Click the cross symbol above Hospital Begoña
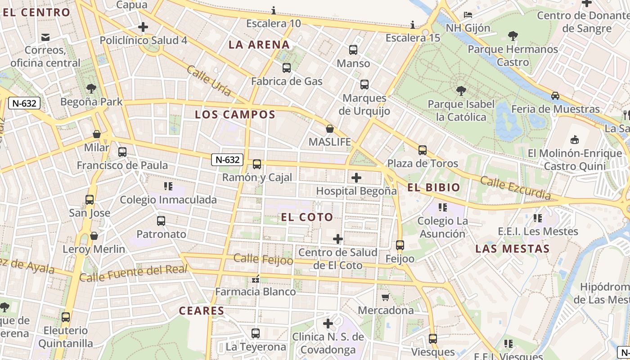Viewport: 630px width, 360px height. click(356, 177)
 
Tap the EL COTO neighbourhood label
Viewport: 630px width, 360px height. click(307, 217)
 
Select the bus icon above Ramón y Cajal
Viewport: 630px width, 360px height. click(257, 164)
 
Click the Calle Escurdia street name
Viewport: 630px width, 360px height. click(515, 188)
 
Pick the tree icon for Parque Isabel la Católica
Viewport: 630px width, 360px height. click(461, 91)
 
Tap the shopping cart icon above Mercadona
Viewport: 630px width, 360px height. click(386, 297)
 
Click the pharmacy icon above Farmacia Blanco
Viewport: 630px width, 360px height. click(256, 279)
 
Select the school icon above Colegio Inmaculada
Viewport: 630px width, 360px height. click(168, 186)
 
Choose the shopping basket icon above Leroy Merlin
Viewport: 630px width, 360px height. click(94, 236)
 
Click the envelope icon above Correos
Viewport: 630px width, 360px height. click(45, 37)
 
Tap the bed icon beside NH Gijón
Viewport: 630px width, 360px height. click(468, 15)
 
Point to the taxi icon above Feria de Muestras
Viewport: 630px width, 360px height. click(555, 95)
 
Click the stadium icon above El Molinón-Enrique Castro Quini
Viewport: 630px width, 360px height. click(575, 139)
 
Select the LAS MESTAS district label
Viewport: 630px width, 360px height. click(513, 248)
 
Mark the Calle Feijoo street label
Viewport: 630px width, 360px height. click(263, 259)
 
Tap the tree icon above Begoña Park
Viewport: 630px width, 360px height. click(91, 88)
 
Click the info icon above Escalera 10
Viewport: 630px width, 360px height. click(274, 10)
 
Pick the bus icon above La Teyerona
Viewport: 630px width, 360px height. click(256, 333)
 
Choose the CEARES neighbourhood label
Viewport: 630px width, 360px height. click(201, 310)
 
